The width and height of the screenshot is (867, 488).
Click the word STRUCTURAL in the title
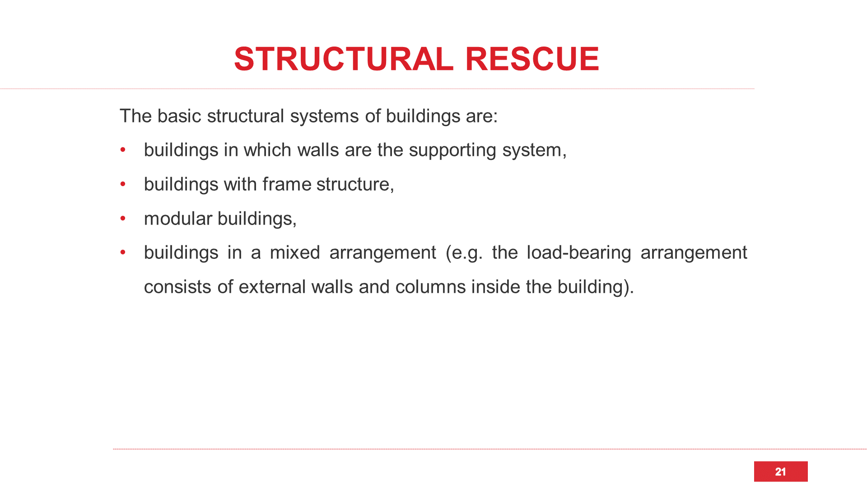[344, 59]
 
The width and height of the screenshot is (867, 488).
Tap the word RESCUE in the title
[532, 59]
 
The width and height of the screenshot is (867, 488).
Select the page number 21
[780, 472]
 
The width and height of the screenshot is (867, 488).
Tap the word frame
[287, 184]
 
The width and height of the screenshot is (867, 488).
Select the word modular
[178, 219]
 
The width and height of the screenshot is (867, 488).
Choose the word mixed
[295, 253]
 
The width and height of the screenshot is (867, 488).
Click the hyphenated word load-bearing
[579, 253]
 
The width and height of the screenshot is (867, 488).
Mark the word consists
[177, 287]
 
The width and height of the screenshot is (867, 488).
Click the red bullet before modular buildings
[123, 219]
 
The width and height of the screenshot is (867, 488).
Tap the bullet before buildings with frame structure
[123, 184]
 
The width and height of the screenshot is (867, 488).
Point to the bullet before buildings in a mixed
[123, 253]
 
